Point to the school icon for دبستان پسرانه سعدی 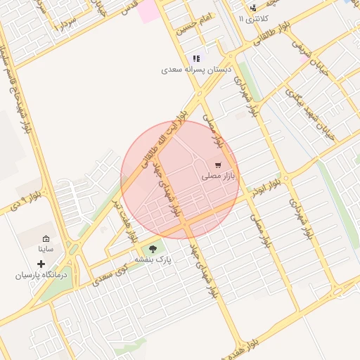[195, 59]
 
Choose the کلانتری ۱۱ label [252, 19]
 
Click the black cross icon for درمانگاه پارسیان [41, 264]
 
